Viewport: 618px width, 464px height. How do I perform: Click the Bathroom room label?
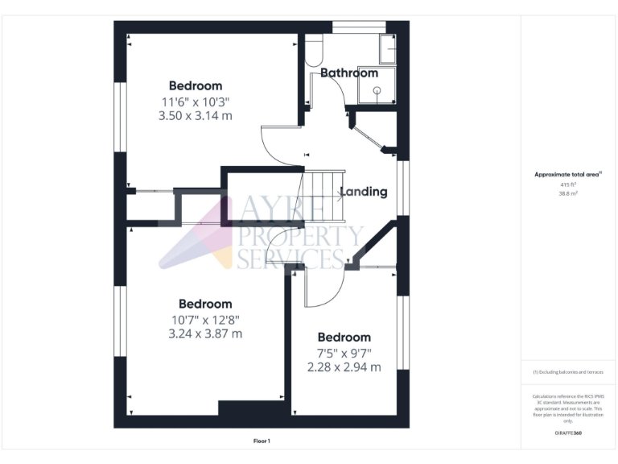pyautogui.click(x=349, y=73)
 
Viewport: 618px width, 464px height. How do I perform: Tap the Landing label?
pyautogui.click(x=363, y=192)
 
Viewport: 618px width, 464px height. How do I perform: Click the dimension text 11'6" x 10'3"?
pyautogui.click(x=196, y=101)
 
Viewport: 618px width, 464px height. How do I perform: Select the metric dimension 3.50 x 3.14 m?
pyautogui.click(x=196, y=116)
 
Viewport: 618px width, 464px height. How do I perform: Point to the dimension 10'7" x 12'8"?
pyautogui.click(x=205, y=319)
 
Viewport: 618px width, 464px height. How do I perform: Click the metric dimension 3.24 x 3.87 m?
pyautogui.click(x=205, y=333)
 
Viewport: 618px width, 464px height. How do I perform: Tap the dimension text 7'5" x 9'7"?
pyautogui.click(x=344, y=353)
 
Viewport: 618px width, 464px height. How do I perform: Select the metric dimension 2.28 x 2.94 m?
pyautogui.click(x=344, y=367)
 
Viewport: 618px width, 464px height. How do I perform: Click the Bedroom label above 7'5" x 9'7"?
pyautogui.click(x=344, y=338)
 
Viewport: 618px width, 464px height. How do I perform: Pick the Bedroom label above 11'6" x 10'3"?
pyautogui.click(x=196, y=86)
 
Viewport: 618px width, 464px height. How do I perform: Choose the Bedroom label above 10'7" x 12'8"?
pyautogui.click(x=205, y=304)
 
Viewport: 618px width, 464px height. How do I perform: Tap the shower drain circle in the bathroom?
pyautogui.click(x=375, y=92)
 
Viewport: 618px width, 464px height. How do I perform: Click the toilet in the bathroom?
pyautogui.click(x=314, y=52)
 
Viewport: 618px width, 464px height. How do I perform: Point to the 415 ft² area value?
pyautogui.click(x=568, y=184)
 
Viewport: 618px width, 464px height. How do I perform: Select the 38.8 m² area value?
pyautogui.click(x=568, y=193)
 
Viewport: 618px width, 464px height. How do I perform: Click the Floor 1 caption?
pyautogui.click(x=262, y=441)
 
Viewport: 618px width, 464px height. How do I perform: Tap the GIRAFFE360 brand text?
pyautogui.click(x=568, y=433)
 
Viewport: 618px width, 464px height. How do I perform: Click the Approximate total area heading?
pyautogui.click(x=568, y=174)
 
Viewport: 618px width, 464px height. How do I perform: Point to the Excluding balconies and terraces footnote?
pyautogui.click(x=568, y=372)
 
